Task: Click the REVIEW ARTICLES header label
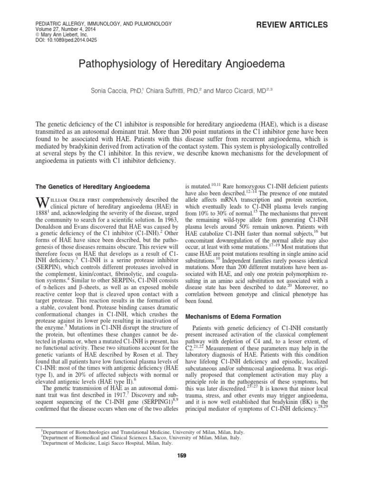(x=298, y=24)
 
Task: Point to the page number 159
(x=182, y=455)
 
